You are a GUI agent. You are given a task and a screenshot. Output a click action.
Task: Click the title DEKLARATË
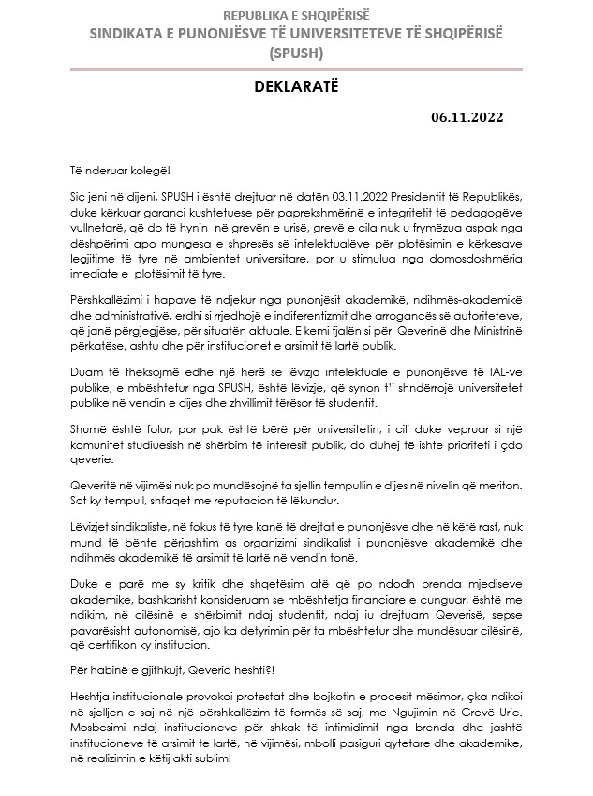295,87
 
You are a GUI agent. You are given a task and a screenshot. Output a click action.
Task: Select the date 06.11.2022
467,117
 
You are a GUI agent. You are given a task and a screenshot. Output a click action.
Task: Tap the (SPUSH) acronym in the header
295,53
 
